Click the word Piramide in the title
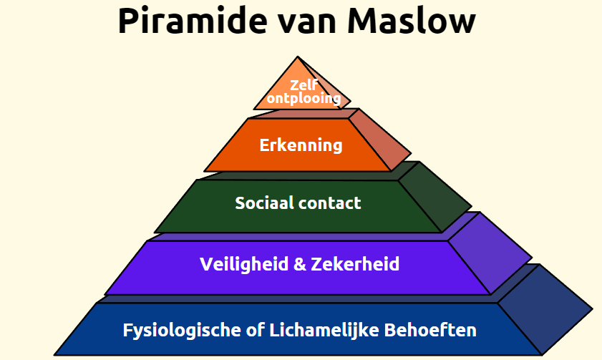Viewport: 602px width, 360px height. (193, 21)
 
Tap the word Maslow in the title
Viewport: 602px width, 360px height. (411, 21)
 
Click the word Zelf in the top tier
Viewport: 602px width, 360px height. (304, 85)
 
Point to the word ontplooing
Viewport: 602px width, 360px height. (304, 99)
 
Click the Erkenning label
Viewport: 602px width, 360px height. (301, 145)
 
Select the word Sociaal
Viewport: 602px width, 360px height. (265, 203)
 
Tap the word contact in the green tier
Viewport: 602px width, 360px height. (330, 203)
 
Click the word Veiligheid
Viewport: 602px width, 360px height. (244, 264)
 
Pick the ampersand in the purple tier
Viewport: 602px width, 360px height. (299, 264)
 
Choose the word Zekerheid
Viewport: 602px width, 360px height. (355, 264)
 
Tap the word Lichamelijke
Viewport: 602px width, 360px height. (324, 331)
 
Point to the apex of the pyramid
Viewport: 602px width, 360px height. (298, 57)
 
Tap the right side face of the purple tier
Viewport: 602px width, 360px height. (490, 253)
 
